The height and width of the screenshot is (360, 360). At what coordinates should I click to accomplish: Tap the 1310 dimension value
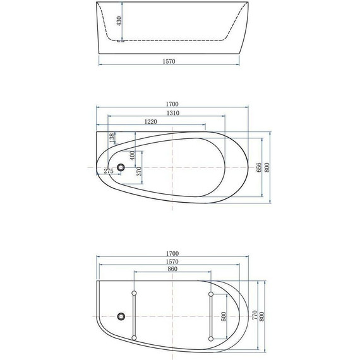pos(167,113)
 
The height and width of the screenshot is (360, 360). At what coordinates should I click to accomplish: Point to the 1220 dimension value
pos(150,121)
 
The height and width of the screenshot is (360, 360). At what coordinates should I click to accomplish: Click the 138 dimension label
pos(112,139)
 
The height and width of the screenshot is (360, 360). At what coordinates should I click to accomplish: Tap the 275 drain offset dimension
pos(108,171)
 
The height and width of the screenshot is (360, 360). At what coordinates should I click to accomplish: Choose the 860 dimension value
pos(172,269)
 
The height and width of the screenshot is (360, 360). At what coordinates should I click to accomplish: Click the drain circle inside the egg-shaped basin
pos(119,167)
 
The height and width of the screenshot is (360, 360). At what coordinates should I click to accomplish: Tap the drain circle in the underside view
pos(121,316)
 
